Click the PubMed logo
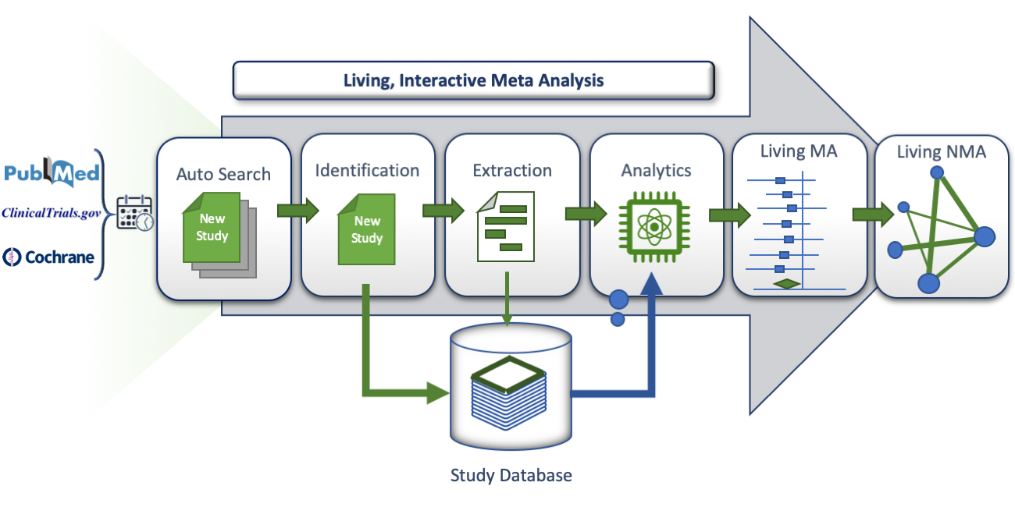(52, 173)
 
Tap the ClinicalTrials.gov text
(52, 213)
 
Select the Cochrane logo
(48, 255)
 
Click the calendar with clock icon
(134, 213)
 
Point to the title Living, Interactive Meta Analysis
(473, 80)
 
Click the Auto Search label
(223, 173)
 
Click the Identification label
(367, 170)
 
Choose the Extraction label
(512, 170)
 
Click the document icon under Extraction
(506, 225)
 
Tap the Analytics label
(656, 170)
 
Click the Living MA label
(798, 151)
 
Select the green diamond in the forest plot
(787, 284)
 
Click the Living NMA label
(941, 151)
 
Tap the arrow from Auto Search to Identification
(297, 211)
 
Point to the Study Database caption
(511, 475)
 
